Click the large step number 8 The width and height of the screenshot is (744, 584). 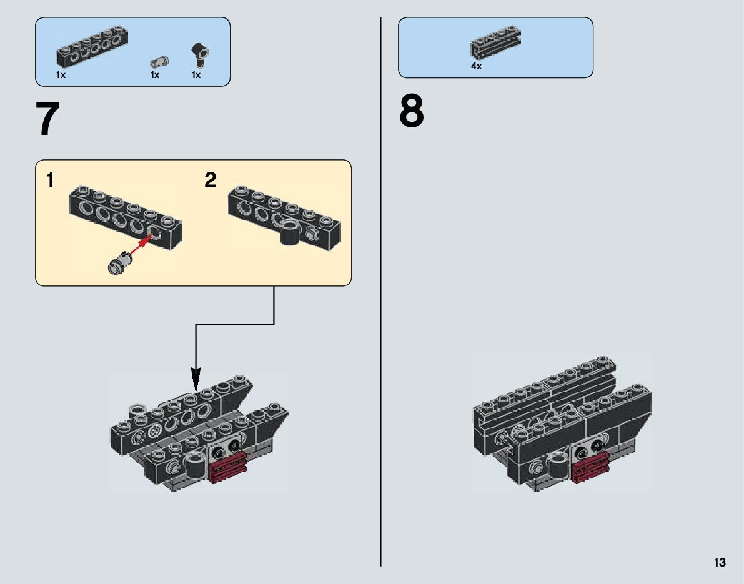pyautogui.click(x=412, y=112)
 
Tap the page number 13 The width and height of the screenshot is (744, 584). pyautogui.click(x=720, y=563)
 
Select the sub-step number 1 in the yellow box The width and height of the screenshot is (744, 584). pyautogui.click(x=50, y=181)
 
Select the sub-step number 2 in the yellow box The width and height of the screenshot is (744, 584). pyautogui.click(x=211, y=181)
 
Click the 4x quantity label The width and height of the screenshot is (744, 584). pyautogui.click(x=477, y=66)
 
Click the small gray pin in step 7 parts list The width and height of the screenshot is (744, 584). pyautogui.click(x=158, y=61)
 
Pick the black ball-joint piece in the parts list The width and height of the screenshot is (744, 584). pyautogui.click(x=199, y=54)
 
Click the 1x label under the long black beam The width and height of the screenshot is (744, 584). pyautogui.click(x=61, y=75)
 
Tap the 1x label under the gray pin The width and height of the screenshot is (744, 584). pyautogui.click(x=155, y=75)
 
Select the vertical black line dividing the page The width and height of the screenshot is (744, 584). pyautogui.click(x=380, y=375)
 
